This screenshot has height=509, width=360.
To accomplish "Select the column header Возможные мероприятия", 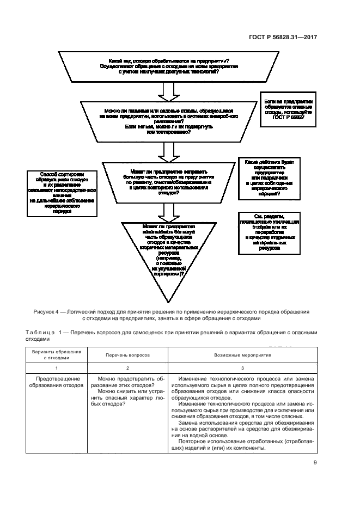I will pos(244,354).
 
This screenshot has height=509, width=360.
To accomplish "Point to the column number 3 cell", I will pos(244,367).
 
